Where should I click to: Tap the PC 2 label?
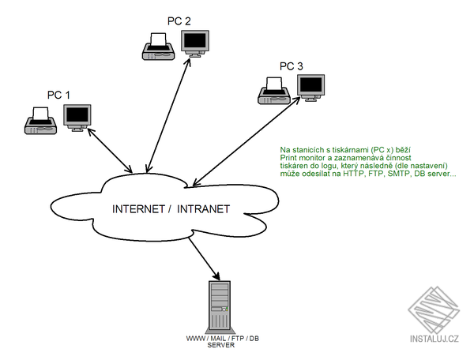[179, 20]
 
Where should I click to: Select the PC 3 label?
[292, 66]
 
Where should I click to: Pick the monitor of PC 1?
[77, 117]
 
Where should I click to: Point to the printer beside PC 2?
[158, 47]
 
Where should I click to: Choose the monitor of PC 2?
[195, 43]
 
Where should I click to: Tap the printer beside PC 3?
[274, 92]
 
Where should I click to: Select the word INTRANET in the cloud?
[203, 210]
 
